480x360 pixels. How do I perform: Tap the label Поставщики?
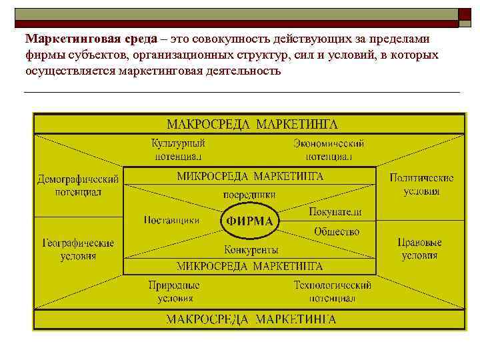pyautogui.click(x=171, y=220)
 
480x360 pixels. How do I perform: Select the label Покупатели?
pyautogui.click(x=335, y=211)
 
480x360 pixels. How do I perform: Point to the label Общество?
pyautogui.click(x=336, y=231)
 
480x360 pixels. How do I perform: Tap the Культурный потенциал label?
pyautogui.click(x=178, y=150)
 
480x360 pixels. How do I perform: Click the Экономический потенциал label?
pyautogui.click(x=329, y=150)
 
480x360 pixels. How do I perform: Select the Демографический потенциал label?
pyautogui.click(x=78, y=185)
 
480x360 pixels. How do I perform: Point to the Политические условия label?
pyautogui.click(x=421, y=185)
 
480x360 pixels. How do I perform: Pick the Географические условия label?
pyautogui.click(x=78, y=249)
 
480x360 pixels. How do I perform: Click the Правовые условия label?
pyautogui.click(x=419, y=249)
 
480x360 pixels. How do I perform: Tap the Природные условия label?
pyautogui.click(x=175, y=291)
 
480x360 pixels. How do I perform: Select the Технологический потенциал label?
pyautogui.click(x=332, y=291)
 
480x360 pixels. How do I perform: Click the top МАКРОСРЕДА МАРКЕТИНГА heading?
pyautogui.click(x=251, y=124)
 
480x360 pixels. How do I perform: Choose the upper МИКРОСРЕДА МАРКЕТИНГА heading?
pyautogui.click(x=250, y=176)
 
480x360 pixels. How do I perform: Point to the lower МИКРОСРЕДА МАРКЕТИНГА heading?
pyautogui.click(x=250, y=266)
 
